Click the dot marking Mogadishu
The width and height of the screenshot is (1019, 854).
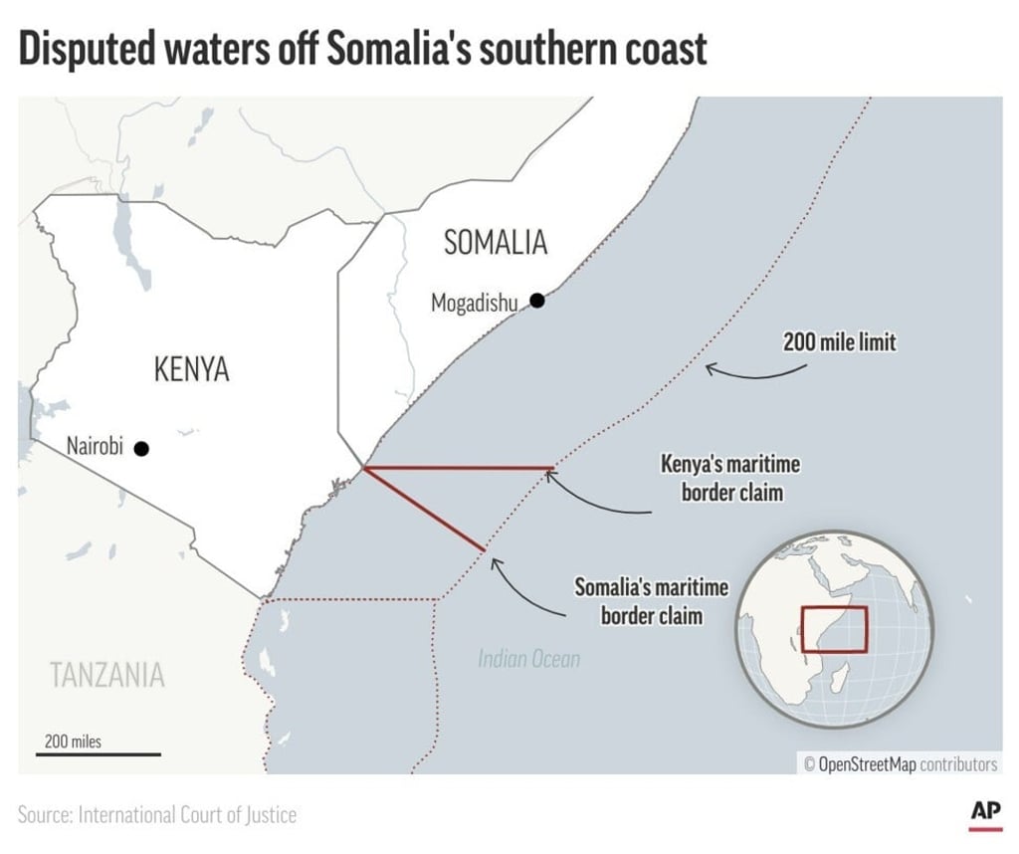(537, 300)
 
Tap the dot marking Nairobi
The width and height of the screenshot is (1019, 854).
(141, 449)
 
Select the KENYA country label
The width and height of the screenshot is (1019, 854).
(192, 370)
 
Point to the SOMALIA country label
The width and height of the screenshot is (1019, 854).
(496, 242)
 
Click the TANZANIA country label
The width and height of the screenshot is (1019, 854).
(107, 675)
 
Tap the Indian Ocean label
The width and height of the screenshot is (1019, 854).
(528, 659)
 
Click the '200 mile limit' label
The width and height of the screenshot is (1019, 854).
(839, 343)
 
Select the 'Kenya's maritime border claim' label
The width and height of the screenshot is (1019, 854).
(730, 478)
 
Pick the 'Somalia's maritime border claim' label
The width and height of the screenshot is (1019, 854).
(652, 601)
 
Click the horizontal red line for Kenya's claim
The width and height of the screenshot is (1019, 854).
(458, 467)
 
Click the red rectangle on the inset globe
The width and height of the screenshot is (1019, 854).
(834, 629)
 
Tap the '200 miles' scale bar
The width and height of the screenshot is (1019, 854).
(98, 753)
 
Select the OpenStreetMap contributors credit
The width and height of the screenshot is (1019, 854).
(900, 764)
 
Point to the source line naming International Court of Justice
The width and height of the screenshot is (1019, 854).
(157, 815)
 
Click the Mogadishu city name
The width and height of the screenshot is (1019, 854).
(474, 303)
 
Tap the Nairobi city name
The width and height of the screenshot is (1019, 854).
(95, 446)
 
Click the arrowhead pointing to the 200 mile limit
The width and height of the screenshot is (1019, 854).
(709, 368)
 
